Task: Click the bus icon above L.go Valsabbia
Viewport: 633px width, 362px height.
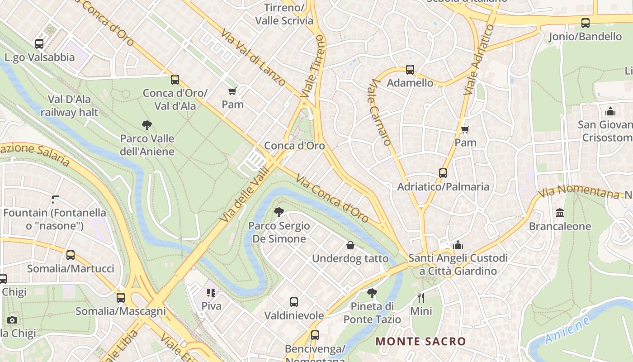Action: click(x=39, y=44)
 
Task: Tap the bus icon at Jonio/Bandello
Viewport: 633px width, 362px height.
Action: click(x=586, y=23)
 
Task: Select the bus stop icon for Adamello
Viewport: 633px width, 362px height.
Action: click(x=410, y=70)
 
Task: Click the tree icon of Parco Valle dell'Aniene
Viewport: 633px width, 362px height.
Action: click(x=146, y=125)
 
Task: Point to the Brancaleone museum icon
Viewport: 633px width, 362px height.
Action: click(x=560, y=213)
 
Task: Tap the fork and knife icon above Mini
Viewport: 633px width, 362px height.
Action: click(x=421, y=297)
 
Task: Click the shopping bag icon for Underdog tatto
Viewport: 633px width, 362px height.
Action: click(x=350, y=245)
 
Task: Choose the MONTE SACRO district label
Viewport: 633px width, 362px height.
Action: click(x=420, y=341)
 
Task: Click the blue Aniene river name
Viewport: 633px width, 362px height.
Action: click(x=567, y=331)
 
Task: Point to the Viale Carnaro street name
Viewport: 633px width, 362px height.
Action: click(x=380, y=112)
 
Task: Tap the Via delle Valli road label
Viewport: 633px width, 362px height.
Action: click(x=245, y=195)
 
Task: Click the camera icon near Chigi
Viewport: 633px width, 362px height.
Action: click(x=12, y=320)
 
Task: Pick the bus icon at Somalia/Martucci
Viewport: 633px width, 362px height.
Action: click(x=71, y=255)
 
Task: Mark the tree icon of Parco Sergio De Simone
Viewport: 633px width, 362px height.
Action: click(x=279, y=212)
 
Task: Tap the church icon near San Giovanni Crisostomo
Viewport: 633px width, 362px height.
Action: click(x=610, y=111)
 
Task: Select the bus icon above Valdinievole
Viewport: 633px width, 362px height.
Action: click(x=294, y=302)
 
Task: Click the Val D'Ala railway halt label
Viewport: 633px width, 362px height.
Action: click(x=69, y=105)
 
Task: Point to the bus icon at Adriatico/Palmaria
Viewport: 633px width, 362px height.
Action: click(x=443, y=173)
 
